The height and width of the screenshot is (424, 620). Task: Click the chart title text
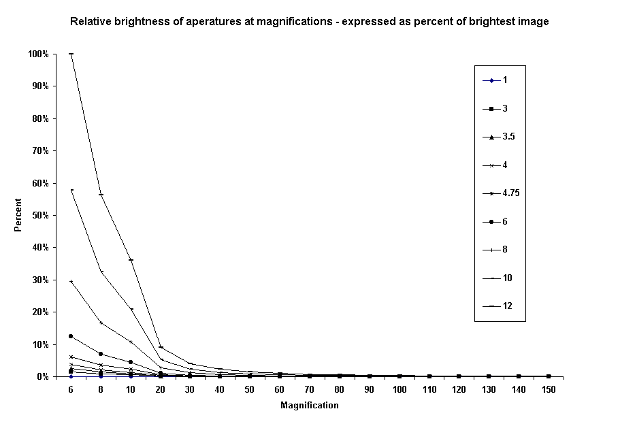pos(310,21)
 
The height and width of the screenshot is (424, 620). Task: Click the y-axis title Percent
pos(18,215)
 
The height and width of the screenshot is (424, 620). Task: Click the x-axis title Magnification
pos(309,406)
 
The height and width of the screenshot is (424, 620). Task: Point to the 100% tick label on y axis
pos(37,54)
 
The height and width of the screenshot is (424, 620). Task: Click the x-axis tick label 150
pos(549,390)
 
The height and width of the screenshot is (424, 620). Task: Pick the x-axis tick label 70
pos(310,390)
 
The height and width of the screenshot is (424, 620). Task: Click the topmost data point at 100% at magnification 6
pos(71,54)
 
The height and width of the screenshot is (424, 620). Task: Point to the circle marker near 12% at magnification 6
pos(71,336)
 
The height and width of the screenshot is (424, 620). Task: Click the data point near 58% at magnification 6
pos(71,190)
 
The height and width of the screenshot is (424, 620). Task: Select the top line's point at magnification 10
pos(131,260)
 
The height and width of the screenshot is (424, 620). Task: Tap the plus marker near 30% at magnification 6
pos(71,281)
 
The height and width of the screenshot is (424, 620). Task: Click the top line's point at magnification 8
pos(101,195)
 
